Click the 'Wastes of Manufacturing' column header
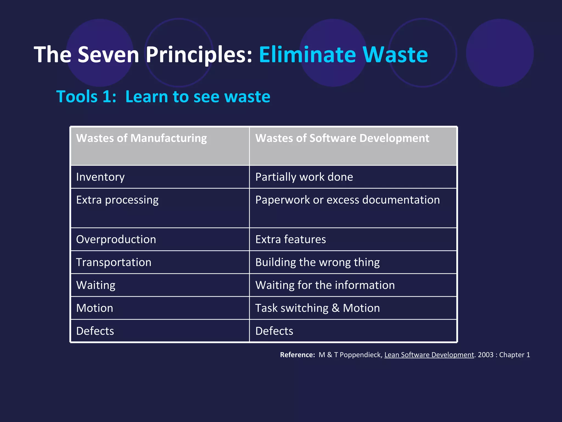(x=141, y=138)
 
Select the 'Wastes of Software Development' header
(x=342, y=138)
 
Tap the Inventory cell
(x=100, y=177)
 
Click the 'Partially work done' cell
(x=304, y=177)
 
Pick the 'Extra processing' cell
(x=117, y=200)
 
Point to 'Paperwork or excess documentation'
(x=347, y=200)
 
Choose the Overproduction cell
(x=116, y=239)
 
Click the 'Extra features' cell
(x=291, y=239)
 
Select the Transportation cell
(x=114, y=262)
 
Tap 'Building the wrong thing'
(x=317, y=262)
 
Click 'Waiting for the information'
(x=325, y=285)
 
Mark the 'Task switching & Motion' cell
(x=317, y=308)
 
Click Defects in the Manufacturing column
(x=95, y=331)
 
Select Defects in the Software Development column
(x=274, y=331)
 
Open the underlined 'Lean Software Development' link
(x=429, y=355)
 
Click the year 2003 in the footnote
(x=486, y=355)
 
